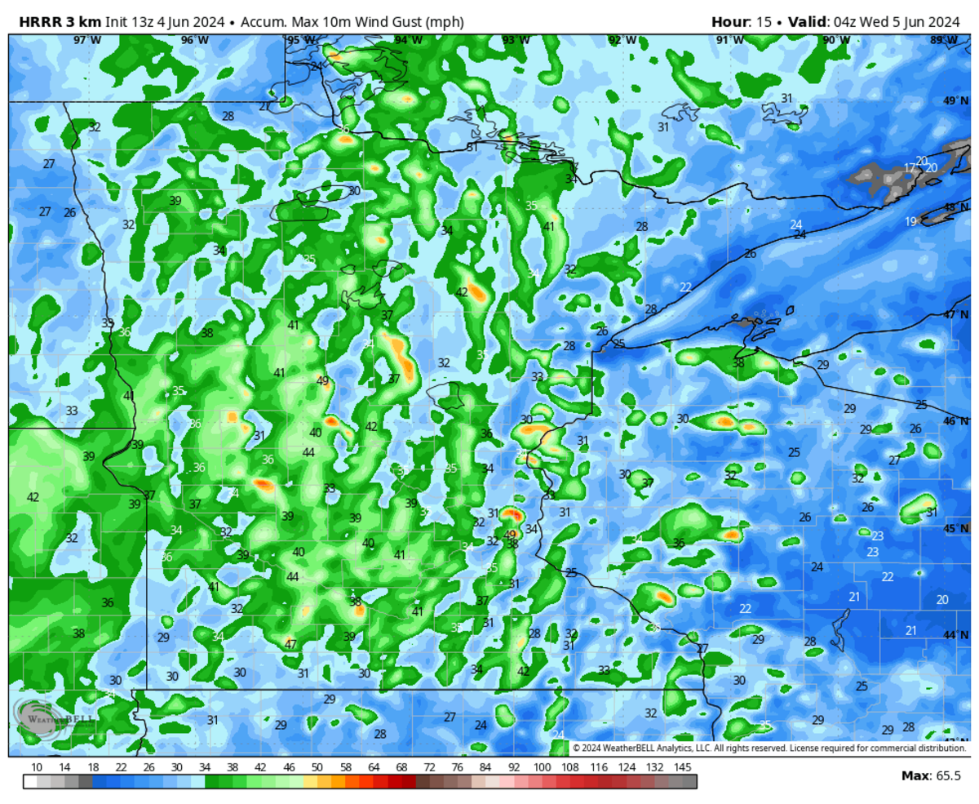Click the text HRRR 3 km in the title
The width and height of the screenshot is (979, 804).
(54, 22)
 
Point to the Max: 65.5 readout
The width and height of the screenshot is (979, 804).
(931, 775)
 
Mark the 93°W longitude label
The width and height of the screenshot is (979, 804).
(515, 40)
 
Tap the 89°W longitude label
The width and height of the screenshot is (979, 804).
(943, 40)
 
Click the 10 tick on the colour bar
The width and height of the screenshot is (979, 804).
(37, 766)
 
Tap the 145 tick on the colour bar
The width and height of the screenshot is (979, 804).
(683, 766)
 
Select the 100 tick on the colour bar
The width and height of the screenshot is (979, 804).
(542, 766)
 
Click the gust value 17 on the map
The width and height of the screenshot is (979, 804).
(909, 168)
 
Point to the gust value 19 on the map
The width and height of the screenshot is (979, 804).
(910, 222)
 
